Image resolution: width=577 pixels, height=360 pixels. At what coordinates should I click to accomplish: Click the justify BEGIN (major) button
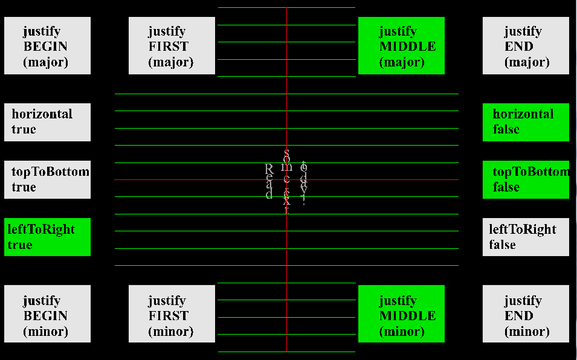[47, 46]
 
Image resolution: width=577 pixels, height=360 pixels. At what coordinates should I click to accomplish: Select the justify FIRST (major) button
[172, 46]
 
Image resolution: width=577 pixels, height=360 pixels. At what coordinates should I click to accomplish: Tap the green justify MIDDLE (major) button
[401, 46]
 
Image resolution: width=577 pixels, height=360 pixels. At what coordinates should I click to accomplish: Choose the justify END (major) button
[526, 46]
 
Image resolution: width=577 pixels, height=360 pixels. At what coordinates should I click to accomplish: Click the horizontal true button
[47, 122]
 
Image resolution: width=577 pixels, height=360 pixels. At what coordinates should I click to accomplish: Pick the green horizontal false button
[526, 122]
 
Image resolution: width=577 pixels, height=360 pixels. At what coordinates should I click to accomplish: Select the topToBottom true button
[47, 179]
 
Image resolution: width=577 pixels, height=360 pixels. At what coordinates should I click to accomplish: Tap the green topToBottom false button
[526, 179]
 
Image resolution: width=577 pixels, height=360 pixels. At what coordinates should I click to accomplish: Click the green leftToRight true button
[47, 237]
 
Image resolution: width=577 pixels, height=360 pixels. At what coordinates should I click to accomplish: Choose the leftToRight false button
[526, 237]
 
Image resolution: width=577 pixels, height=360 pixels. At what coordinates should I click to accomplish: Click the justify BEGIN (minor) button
[47, 314]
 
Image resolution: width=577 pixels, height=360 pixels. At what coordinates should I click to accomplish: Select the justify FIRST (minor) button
[172, 314]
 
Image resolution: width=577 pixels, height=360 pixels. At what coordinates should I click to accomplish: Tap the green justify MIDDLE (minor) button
[401, 314]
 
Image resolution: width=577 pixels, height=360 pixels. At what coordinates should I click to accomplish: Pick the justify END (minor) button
[526, 314]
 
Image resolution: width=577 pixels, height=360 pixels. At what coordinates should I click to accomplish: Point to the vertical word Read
[269, 181]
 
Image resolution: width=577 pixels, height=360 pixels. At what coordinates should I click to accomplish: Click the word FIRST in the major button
[168, 47]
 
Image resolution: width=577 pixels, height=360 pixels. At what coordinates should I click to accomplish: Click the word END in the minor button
[518, 315]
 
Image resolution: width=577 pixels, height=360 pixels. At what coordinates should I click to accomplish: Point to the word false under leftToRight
[502, 245]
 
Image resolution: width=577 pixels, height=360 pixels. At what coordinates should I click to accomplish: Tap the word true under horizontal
[24, 129]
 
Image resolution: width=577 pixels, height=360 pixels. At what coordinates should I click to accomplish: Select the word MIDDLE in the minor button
[407, 315]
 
